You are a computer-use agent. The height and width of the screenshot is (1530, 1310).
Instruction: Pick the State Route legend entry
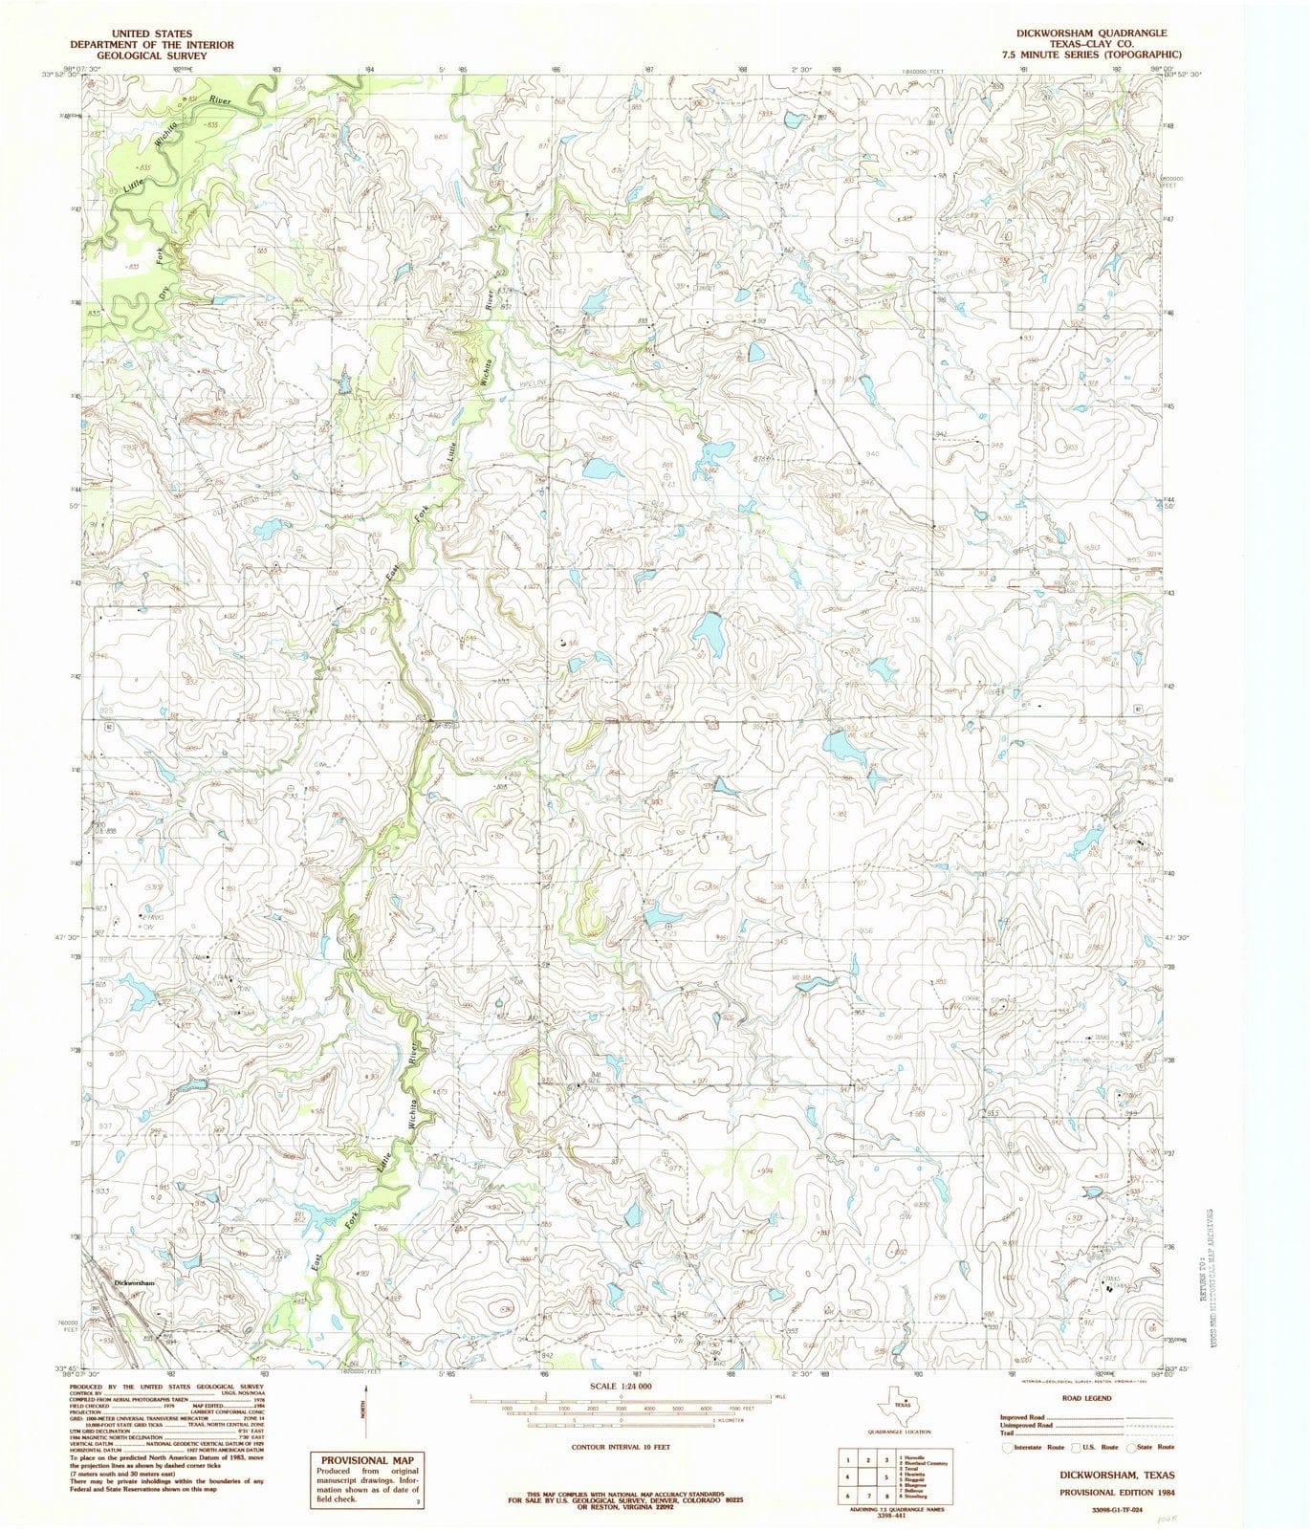[x=1155, y=1448]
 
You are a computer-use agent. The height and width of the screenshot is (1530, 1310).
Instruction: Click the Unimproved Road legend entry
[x=1028, y=1425]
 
